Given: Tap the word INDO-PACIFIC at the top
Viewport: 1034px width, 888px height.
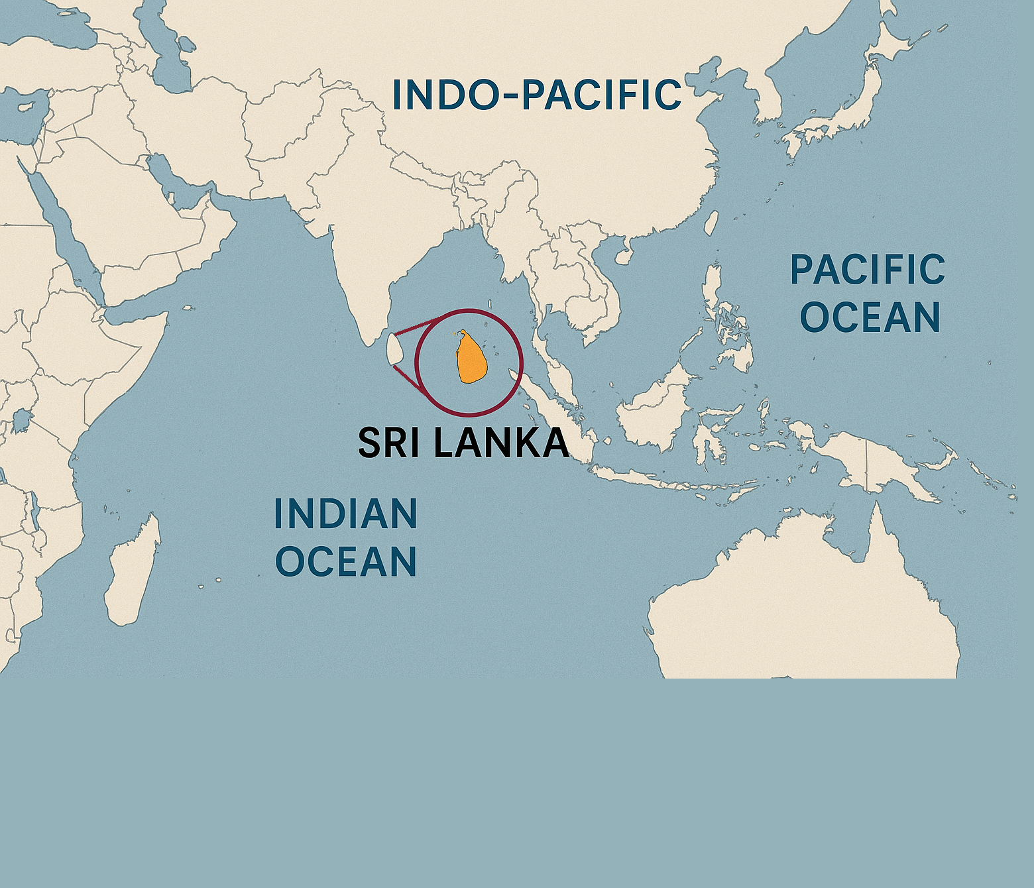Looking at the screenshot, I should click(x=536, y=95).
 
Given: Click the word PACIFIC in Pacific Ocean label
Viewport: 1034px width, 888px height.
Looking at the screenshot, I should click(x=868, y=270).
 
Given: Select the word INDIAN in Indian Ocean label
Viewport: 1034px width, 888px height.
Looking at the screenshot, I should click(x=345, y=514).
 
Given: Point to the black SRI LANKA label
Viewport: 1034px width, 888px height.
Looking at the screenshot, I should click(x=463, y=443).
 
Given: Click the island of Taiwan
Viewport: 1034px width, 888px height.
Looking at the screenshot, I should click(x=711, y=223).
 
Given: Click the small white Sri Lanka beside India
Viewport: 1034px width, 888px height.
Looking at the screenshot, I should click(x=394, y=349).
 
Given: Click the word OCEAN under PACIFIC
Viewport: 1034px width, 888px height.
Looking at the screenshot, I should click(x=870, y=317).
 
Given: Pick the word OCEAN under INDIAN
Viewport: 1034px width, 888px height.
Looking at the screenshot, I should click(x=345, y=561).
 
